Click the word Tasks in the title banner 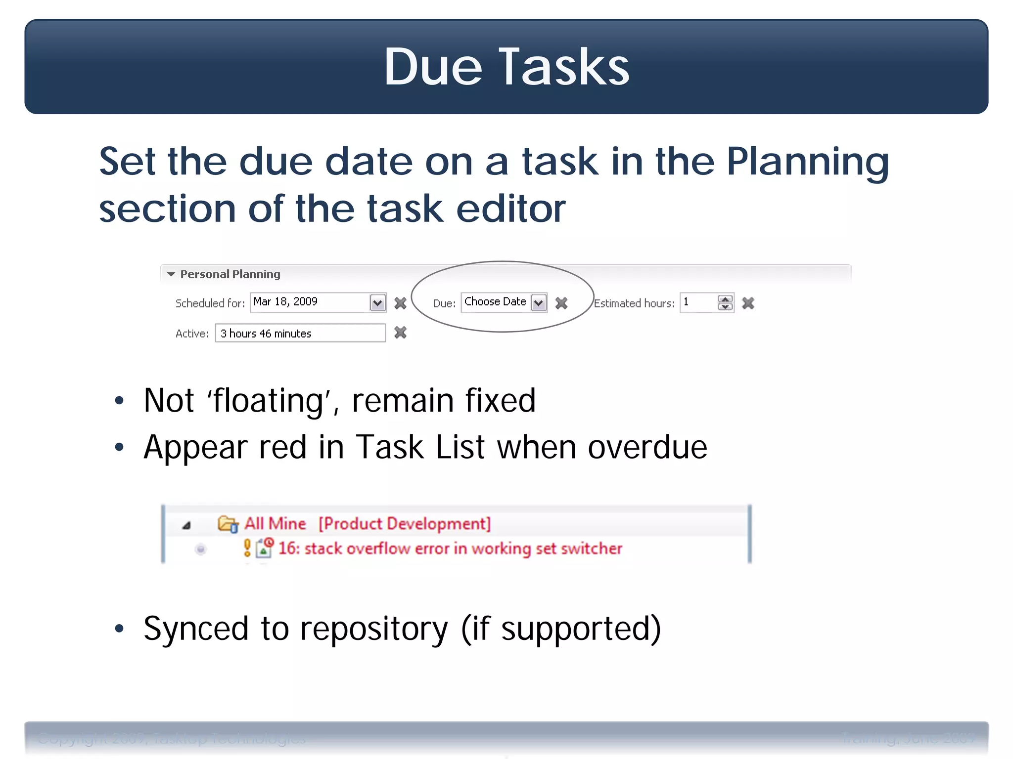pos(564,67)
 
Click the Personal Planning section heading pos(230,274)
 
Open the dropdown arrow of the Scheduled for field pos(377,303)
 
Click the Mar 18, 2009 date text pos(285,301)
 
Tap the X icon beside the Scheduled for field pos(400,303)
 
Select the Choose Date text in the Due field pos(495,301)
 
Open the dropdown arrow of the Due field pos(539,303)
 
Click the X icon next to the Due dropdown pos(561,303)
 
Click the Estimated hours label pos(634,303)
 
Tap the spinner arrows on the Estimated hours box pos(725,303)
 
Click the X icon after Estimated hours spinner pos(748,303)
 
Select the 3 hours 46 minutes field pos(300,333)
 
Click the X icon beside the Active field pos(400,333)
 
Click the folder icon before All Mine pos(228,524)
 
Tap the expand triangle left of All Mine pos(186,525)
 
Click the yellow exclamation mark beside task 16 pos(247,548)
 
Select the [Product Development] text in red pos(404,523)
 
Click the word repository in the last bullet pos(373,629)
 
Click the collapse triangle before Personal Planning pos(171,274)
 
